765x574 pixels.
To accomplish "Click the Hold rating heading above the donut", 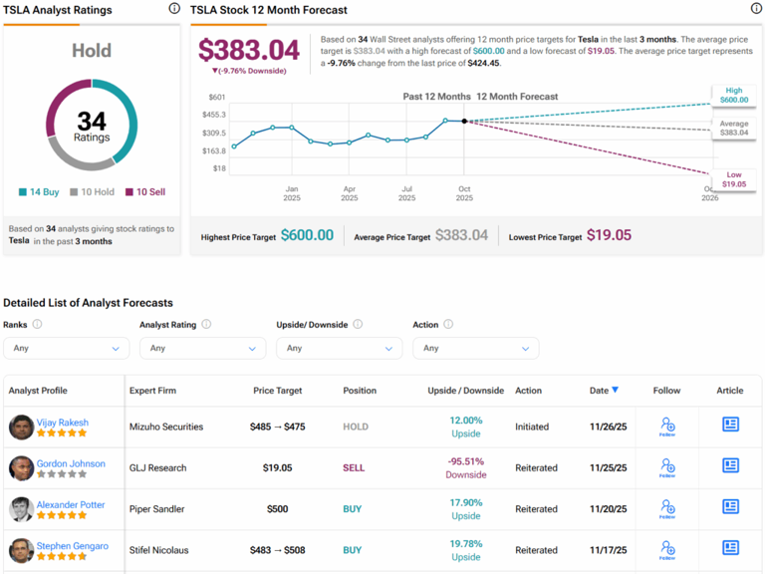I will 92,50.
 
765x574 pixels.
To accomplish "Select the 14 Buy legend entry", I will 41,191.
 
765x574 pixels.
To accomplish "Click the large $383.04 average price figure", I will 249,50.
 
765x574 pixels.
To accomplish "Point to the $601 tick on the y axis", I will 216,97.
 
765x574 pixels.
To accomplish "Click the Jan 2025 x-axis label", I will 292,192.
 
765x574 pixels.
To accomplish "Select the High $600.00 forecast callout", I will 734,95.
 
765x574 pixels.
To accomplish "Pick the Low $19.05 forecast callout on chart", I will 734,179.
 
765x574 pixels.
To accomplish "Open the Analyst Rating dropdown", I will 203,348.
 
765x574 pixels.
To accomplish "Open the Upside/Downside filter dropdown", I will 340,348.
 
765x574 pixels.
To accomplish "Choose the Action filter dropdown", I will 476,348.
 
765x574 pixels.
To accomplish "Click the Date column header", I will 603,391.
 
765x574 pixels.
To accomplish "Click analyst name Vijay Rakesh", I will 63,423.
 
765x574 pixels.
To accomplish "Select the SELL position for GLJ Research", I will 354,467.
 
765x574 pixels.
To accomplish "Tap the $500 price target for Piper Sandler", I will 277,508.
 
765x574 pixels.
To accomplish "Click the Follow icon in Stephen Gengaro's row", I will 667,549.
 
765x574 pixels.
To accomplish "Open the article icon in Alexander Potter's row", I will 730,507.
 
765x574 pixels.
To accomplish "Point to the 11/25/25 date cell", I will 608,467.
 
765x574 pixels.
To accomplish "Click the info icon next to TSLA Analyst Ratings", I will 174,9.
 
